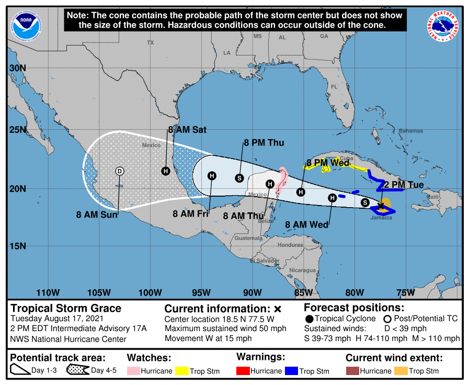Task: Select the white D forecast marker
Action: (119, 171)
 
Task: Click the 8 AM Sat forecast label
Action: (187, 130)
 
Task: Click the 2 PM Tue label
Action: (404, 185)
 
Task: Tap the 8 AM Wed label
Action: (307, 225)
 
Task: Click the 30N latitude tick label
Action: (18, 69)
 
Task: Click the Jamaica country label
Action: (381, 218)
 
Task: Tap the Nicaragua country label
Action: (303, 270)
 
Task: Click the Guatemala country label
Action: (248, 238)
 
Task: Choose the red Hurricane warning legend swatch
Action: (244, 371)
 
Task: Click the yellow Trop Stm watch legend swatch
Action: (182, 371)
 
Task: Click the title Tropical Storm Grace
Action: (66, 308)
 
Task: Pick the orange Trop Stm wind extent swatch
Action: (401, 371)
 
